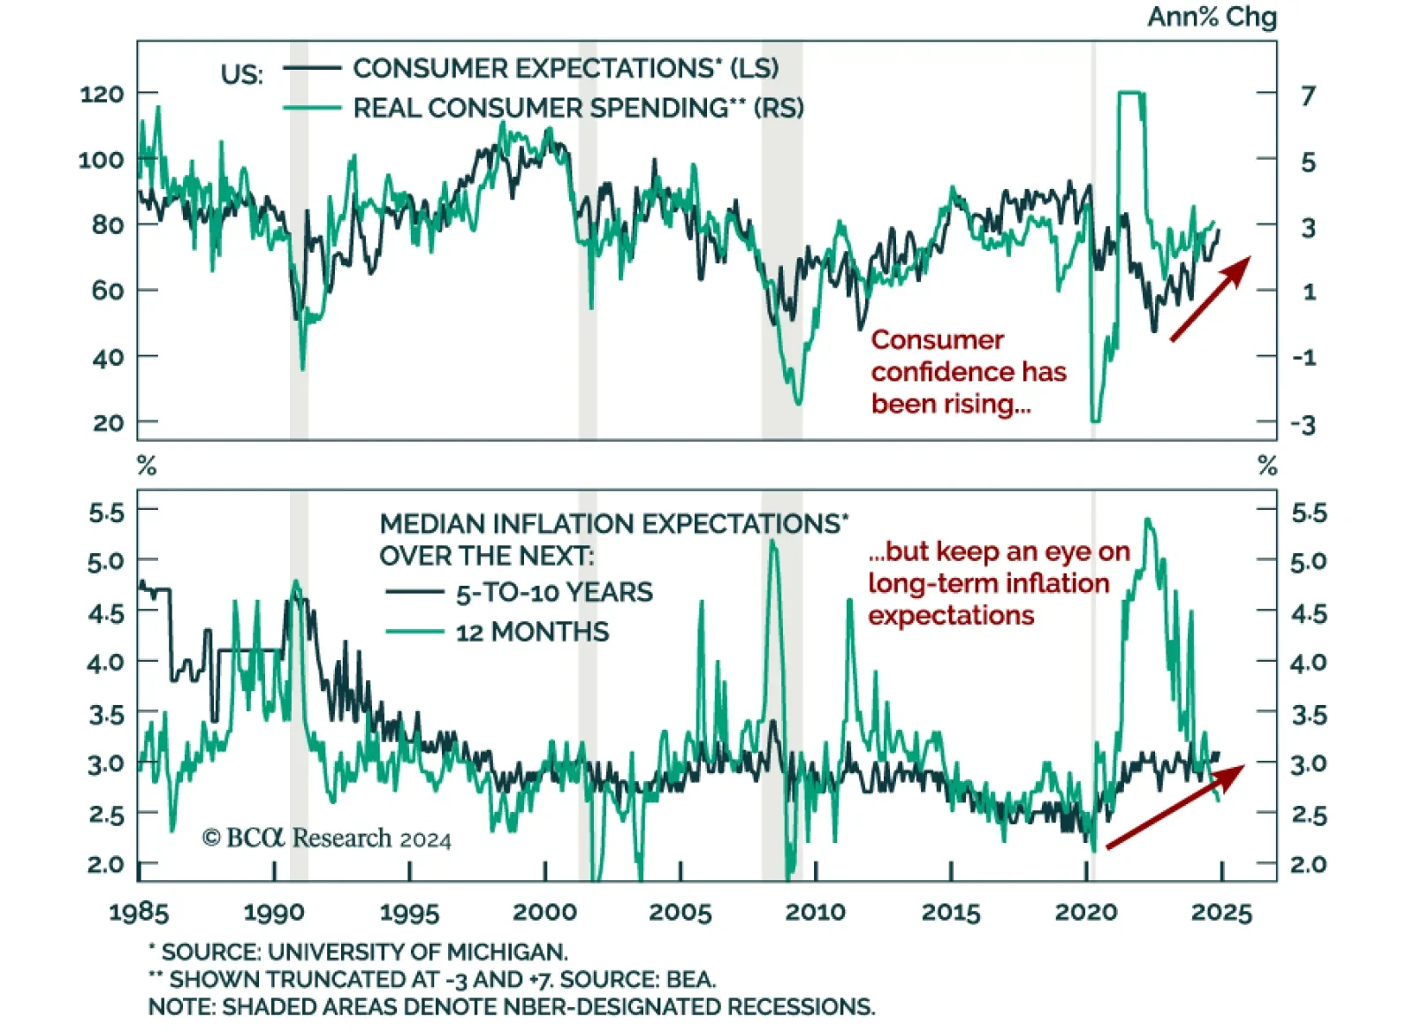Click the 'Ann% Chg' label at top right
pos(1211,17)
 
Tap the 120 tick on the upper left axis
pos(102,94)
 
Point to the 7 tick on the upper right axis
pos(1308,95)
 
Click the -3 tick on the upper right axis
pos(1304,424)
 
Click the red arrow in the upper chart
pos(1210,299)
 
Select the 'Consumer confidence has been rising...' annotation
pos(968,372)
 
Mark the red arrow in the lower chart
pos(1175,807)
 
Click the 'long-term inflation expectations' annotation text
pos(988,599)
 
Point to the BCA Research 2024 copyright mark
pos(326,838)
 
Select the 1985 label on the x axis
pos(139,912)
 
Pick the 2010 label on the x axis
pos(815,912)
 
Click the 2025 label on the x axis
pos(1221,912)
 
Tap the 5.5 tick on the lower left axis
pos(106,512)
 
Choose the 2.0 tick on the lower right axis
pos(1308,864)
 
